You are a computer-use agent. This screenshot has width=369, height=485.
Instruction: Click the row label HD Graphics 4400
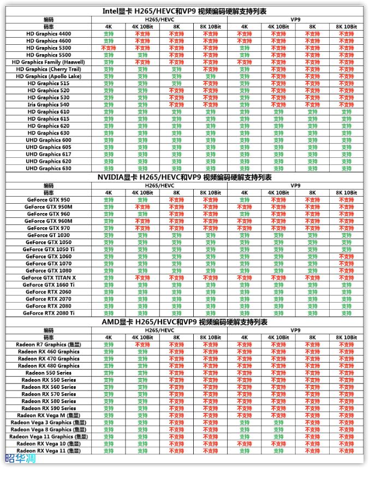point(49,34)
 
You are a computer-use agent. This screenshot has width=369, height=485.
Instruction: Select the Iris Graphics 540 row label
point(49,104)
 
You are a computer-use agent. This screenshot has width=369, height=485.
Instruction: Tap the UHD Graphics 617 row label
point(49,154)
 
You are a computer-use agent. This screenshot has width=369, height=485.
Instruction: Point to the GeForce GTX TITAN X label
point(49,277)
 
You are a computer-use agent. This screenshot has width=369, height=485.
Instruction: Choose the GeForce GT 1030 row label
point(49,235)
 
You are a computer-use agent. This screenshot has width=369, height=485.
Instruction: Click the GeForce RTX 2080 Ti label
point(49,313)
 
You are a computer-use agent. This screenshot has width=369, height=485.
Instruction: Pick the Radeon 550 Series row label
point(49,373)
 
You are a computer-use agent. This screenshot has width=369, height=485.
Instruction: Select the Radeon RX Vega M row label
point(49,415)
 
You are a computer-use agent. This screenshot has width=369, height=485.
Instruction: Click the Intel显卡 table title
point(184,11)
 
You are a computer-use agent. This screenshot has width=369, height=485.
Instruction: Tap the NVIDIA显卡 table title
point(184,178)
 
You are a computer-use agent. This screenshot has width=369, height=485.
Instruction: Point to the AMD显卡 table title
point(184,322)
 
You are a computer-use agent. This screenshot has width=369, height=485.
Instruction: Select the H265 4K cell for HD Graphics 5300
point(108,48)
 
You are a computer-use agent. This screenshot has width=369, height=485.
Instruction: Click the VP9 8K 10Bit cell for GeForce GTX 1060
point(346,257)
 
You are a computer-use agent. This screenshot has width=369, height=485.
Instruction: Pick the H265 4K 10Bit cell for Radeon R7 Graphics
point(142,345)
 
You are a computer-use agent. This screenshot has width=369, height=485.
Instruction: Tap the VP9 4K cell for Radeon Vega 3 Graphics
point(244,422)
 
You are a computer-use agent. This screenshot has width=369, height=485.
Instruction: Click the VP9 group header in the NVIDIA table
point(295,186)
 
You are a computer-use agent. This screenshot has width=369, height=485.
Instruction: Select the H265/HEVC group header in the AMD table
point(159,330)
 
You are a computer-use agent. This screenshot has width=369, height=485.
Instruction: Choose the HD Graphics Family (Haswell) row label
point(49,62)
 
